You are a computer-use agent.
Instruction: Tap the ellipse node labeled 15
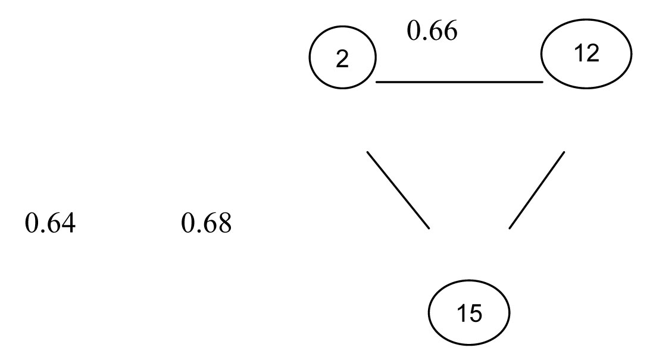470,313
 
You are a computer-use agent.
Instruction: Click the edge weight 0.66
432,31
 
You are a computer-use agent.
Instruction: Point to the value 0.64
50,224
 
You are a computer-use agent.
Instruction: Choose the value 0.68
205,224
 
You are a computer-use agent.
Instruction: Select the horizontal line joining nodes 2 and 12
460,82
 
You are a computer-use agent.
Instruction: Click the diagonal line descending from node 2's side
398,189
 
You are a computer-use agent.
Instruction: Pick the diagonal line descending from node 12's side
537,189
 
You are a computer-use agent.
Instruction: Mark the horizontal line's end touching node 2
377,82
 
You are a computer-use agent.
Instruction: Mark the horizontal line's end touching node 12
542,82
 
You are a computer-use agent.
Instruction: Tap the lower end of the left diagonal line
429,227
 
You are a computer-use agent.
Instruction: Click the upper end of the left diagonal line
367,152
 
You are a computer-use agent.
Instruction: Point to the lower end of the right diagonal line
510,228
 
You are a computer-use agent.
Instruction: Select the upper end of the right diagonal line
564,152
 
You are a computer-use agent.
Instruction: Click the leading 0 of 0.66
413,31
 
